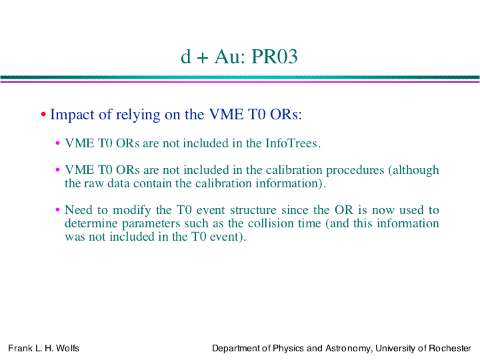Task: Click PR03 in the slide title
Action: pyautogui.click(x=274, y=57)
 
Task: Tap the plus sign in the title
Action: pyautogui.click(x=203, y=58)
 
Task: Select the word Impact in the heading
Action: pyautogui.click(x=72, y=115)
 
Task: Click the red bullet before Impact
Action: pyautogui.click(x=43, y=115)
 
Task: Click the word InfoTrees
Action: pyautogui.click(x=293, y=143)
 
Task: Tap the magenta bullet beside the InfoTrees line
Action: pyautogui.click(x=57, y=143)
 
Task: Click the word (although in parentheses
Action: pyautogui.click(x=413, y=170)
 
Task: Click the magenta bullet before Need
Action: pyautogui.click(x=57, y=210)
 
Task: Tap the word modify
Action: pyautogui.click(x=131, y=210)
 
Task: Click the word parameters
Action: pyautogui.click(x=151, y=224)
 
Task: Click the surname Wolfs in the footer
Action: pyautogui.click(x=67, y=348)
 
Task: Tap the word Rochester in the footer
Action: pyautogui.click(x=450, y=348)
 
